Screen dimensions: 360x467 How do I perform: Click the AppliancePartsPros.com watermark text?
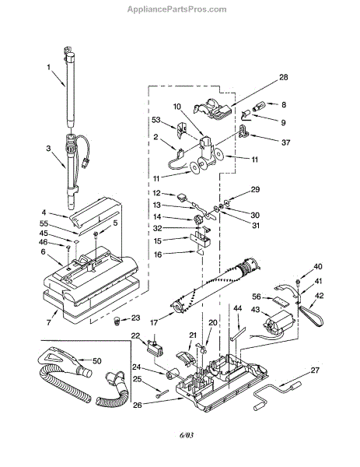pos(177,9)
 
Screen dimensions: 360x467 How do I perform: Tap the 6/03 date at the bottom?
pos(187,435)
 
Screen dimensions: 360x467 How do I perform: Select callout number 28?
pos(283,77)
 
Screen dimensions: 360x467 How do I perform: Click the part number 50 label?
pos(97,361)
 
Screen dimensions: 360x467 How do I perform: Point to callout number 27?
pos(315,370)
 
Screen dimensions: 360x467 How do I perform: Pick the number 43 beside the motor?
pos(255,310)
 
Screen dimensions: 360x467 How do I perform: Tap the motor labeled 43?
pos(278,325)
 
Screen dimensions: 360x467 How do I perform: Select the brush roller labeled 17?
pos(215,285)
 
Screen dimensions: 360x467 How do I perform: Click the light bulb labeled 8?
pos(257,107)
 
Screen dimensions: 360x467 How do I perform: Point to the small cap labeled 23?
pos(117,321)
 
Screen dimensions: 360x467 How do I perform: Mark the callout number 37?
pos(285,142)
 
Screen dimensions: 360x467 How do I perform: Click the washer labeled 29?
pos(227,203)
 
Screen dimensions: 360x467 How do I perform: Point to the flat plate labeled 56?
pos(281,301)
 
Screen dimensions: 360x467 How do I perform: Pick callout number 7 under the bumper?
pos(49,322)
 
